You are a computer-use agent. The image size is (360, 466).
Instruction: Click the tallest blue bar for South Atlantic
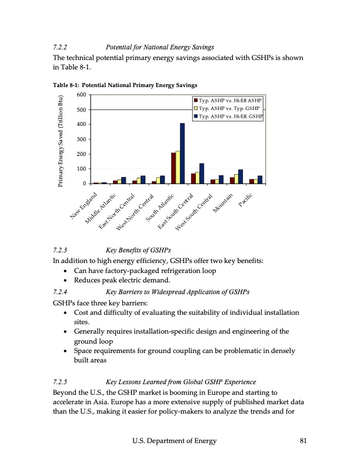182,154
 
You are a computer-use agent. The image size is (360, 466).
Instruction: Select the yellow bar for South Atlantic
178,168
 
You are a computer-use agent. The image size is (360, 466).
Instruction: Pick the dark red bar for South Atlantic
174,168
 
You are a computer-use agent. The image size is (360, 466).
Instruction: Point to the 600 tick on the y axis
81,95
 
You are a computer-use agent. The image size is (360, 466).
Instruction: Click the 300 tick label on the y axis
81,139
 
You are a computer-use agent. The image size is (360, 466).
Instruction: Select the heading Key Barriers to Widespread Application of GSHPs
177,291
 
